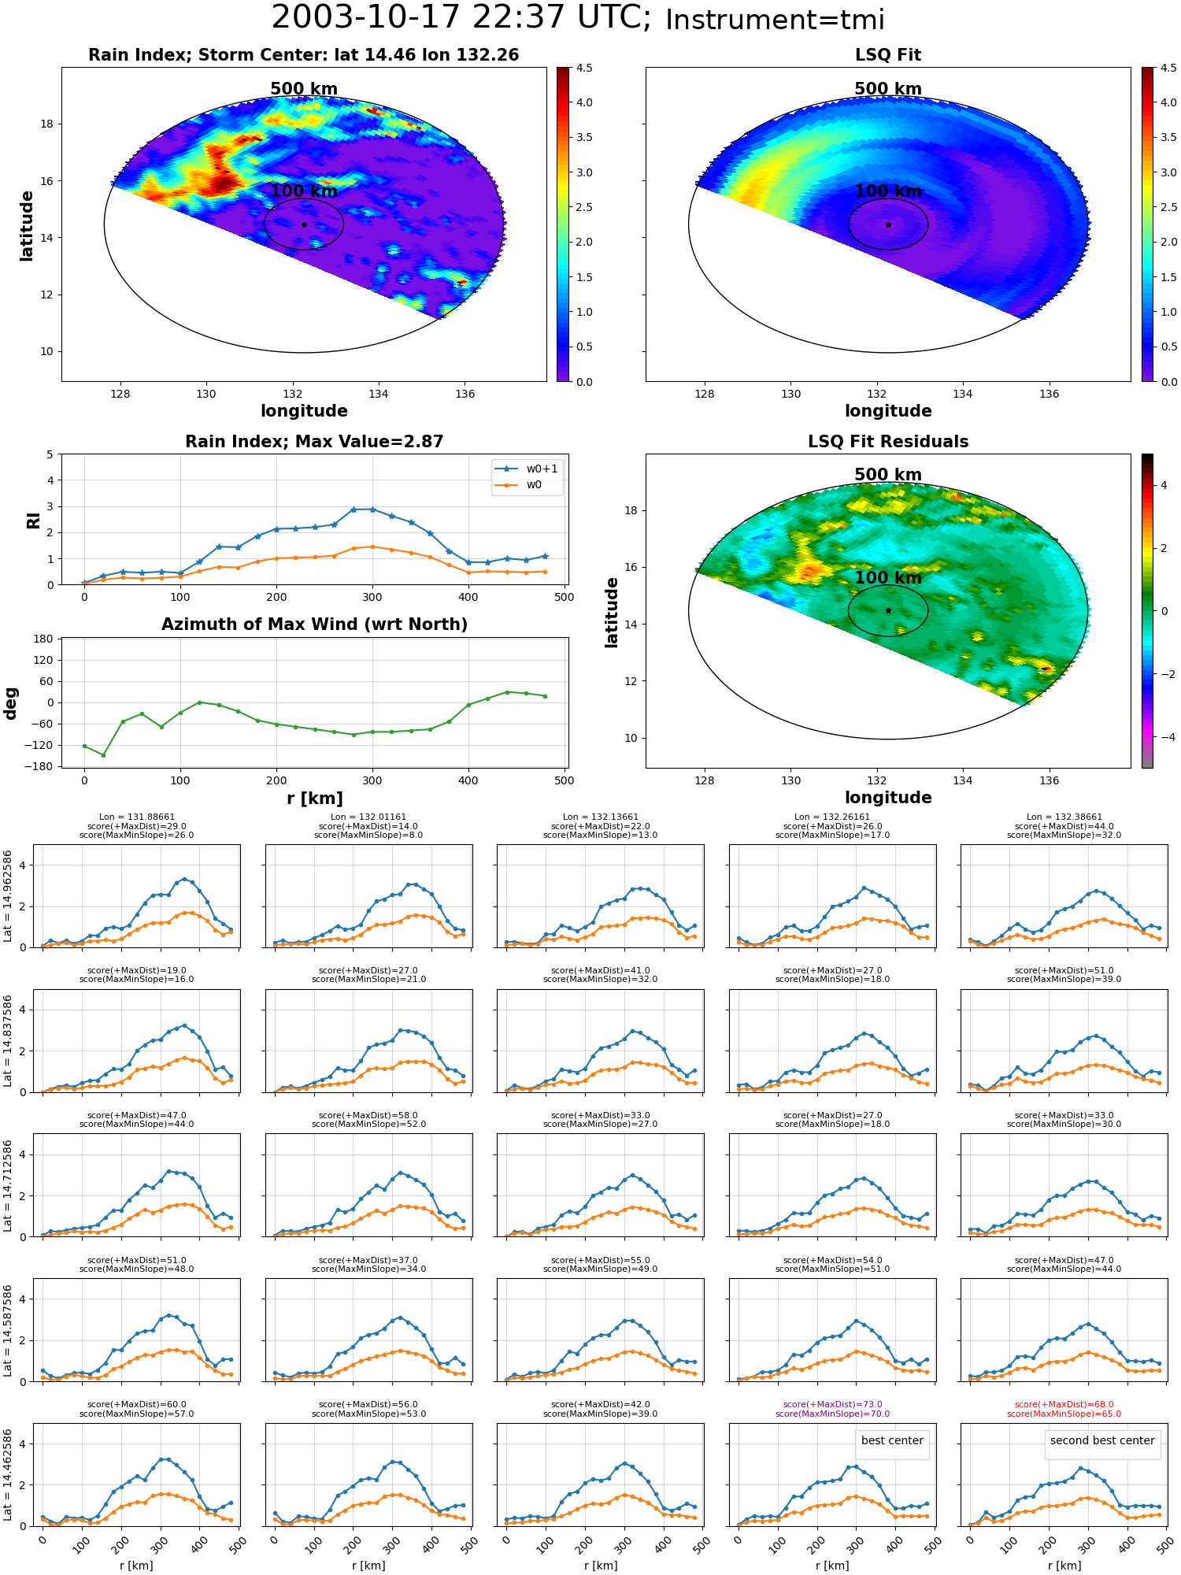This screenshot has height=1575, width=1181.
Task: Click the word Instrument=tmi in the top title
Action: (775, 20)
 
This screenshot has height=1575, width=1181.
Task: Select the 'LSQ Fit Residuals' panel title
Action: (888, 442)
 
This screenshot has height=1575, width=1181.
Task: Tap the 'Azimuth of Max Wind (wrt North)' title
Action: (315, 624)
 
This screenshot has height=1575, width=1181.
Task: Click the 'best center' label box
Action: (892, 1440)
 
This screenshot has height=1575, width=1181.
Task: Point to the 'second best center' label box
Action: (1101, 1440)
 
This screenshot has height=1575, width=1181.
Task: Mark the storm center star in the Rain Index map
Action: (304, 224)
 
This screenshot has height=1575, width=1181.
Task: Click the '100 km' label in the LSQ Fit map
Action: (888, 191)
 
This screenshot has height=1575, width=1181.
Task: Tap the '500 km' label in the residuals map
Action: (888, 475)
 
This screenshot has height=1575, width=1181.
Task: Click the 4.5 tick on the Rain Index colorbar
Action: (584, 69)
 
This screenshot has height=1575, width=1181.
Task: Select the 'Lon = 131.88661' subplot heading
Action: (137, 817)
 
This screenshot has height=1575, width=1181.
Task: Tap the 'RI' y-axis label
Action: (33, 520)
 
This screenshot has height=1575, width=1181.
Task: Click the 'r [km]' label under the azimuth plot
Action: (315, 799)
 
